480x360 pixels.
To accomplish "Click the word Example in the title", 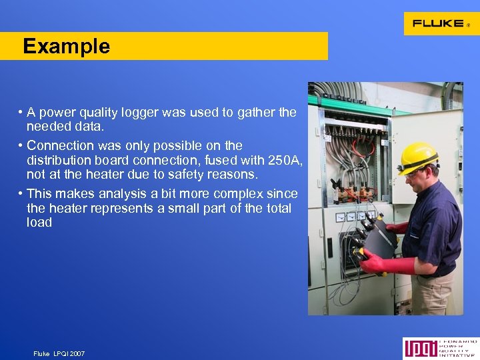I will (66, 47).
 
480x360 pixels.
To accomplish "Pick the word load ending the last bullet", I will (39, 223).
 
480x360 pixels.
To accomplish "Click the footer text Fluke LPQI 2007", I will (59, 353).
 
